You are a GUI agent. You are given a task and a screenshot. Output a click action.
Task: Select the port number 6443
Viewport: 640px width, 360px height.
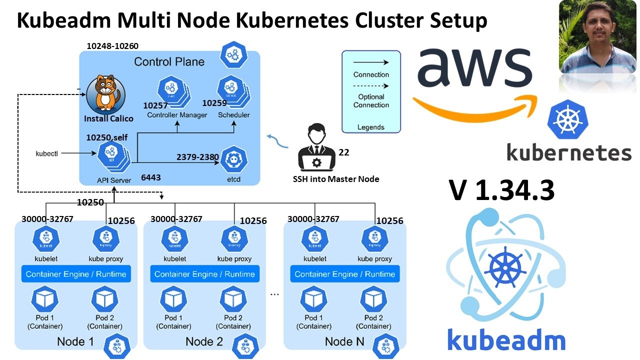coord(151,177)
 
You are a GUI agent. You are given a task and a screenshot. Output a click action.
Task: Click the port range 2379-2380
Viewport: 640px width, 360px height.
coord(197,157)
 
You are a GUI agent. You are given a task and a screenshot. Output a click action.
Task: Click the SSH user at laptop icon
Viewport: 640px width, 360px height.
coord(316,150)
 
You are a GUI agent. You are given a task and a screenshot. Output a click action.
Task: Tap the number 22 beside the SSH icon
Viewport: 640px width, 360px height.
coord(344,152)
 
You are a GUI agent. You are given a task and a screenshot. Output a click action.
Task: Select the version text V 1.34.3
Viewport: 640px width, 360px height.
coord(501,190)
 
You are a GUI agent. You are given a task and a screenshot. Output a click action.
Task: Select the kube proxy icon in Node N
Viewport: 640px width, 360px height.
coord(374,239)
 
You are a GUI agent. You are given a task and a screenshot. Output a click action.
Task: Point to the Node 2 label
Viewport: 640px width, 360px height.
coord(204,342)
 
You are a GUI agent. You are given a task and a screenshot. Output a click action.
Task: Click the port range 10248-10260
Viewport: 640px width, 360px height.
coord(112,46)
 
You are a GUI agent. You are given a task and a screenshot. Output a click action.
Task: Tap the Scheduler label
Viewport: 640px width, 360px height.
coord(233,115)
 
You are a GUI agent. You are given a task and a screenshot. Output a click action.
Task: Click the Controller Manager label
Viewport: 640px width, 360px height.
coord(177,115)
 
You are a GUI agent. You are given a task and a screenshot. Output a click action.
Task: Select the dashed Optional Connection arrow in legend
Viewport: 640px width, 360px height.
coord(371,85)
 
